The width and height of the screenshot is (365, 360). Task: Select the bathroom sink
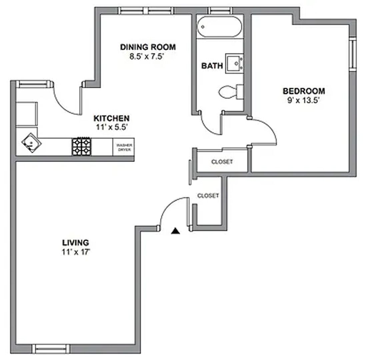click(x=235, y=63)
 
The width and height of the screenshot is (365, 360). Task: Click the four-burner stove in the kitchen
click(x=81, y=146)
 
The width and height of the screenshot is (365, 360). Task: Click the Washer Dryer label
click(x=124, y=147)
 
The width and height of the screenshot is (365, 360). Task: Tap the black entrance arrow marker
click(x=175, y=231)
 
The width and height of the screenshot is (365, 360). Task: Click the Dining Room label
click(x=148, y=47)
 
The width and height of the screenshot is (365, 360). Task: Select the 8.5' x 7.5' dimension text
click(x=148, y=56)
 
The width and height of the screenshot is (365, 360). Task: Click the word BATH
click(x=212, y=66)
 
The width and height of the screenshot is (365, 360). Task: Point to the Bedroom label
click(x=304, y=91)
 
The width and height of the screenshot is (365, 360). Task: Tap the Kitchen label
click(x=111, y=118)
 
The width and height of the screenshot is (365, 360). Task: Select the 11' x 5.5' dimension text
click(x=111, y=127)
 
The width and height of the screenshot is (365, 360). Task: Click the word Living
click(x=76, y=242)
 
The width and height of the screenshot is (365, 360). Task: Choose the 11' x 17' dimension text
click(x=76, y=252)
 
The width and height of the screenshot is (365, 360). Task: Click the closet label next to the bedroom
click(x=222, y=162)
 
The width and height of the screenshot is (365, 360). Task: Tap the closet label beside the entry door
click(x=208, y=196)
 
